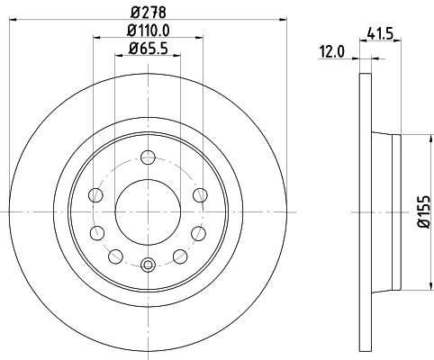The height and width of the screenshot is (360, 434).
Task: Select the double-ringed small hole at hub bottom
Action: coord(148,264)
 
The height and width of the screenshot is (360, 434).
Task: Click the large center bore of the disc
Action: coord(148,211)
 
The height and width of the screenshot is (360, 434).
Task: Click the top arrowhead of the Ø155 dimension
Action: coord(415,138)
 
